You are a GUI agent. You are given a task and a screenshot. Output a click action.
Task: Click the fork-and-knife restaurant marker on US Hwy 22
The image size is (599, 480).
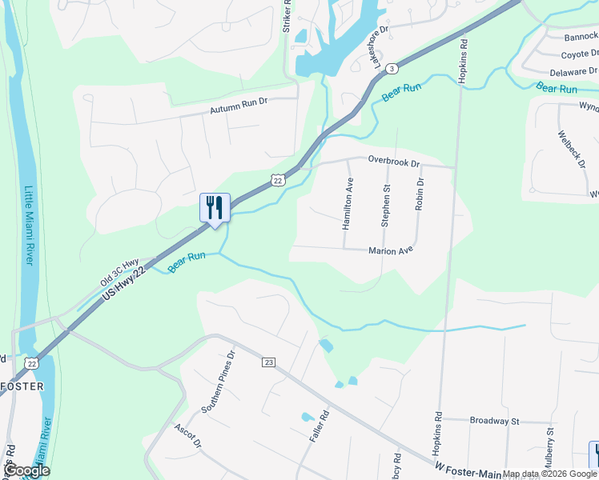[215, 207]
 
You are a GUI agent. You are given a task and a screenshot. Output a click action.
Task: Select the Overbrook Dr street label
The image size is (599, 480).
[393, 161]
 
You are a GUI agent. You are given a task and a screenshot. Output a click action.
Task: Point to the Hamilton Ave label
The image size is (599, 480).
[348, 204]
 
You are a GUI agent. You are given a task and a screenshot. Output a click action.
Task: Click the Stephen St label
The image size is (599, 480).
[385, 206]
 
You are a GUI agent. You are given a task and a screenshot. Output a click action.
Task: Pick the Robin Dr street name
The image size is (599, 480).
[419, 194]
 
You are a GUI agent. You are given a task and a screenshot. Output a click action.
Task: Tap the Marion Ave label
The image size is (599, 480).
[390, 250]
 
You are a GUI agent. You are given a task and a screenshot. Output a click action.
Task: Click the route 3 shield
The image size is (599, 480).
[391, 69]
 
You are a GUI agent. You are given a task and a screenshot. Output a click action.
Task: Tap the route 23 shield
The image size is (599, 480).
[268, 362]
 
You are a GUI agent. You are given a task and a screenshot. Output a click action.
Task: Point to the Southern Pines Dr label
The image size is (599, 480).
[218, 382]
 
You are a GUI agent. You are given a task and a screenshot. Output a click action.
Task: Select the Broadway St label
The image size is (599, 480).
[494, 421]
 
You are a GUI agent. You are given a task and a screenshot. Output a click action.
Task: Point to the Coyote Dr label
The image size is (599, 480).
[579, 54]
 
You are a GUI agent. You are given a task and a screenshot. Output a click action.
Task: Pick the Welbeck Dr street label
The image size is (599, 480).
[572, 147]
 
